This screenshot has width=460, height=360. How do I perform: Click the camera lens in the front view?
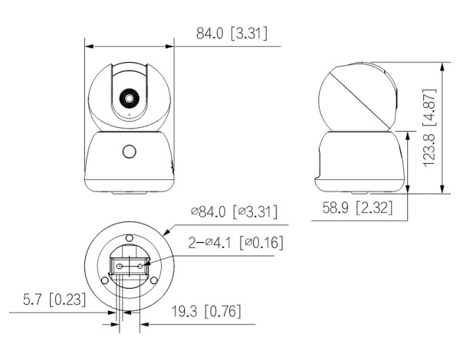pyautogui.click(x=129, y=99)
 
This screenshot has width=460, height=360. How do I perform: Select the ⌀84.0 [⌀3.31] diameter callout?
pyautogui.click(x=234, y=211)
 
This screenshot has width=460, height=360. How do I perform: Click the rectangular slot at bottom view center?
pyautogui.click(x=129, y=266)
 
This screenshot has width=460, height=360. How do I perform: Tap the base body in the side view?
pyautogui.click(x=358, y=160)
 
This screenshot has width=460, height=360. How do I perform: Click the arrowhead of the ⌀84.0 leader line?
pyautogui.click(x=165, y=231)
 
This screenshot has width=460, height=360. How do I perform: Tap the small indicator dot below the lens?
pyautogui.click(x=129, y=116)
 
